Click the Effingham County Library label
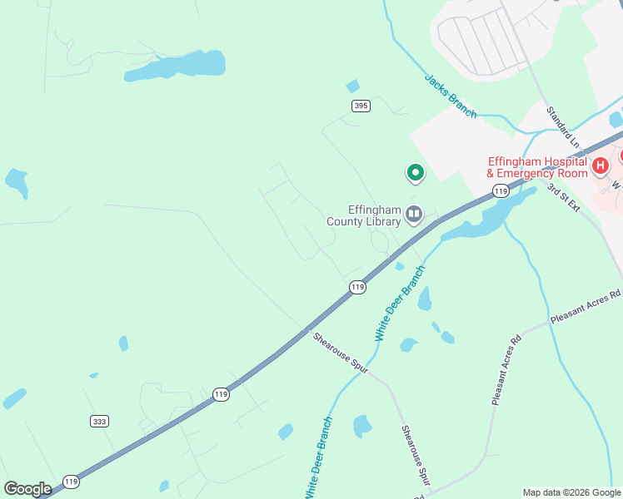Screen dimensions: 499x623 click(x=364, y=216)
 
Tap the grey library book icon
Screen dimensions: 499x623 click(x=414, y=216)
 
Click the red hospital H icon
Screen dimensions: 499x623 click(x=600, y=167)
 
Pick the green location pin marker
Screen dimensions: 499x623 click(x=415, y=172)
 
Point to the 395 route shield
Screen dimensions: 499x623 click(x=360, y=106)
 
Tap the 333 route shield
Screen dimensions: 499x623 click(x=100, y=422)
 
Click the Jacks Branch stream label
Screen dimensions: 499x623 click(x=451, y=96)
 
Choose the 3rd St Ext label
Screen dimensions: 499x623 click(x=563, y=198)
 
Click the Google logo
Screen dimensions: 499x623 click(x=27, y=489)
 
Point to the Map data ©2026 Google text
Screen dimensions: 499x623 click(x=571, y=492)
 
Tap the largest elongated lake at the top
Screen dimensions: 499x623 click(x=177, y=66)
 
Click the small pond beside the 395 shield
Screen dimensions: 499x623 click(x=352, y=86)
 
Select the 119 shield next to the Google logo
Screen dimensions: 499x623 click(x=72, y=482)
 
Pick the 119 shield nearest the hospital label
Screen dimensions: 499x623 click(x=500, y=191)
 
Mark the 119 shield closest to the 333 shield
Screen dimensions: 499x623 click(x=220, y=394)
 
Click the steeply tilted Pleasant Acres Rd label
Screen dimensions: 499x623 click(x=506, y=370)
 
